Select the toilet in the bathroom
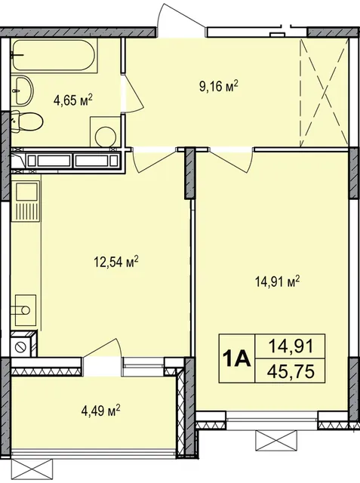27,122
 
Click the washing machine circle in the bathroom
105,137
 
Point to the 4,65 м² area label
72,100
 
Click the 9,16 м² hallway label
219,86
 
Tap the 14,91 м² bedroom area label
278,281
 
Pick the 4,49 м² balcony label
100,410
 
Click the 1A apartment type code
237,359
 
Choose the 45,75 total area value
291,371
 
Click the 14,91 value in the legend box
291,346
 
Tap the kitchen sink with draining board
26,202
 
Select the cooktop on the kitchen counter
24,309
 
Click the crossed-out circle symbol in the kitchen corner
22,346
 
